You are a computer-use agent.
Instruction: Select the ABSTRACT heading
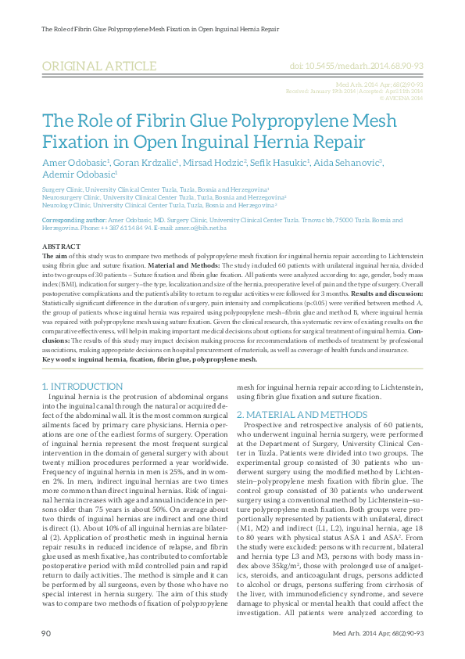pos(59,246)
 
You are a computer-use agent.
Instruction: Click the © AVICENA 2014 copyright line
pos(401,98)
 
